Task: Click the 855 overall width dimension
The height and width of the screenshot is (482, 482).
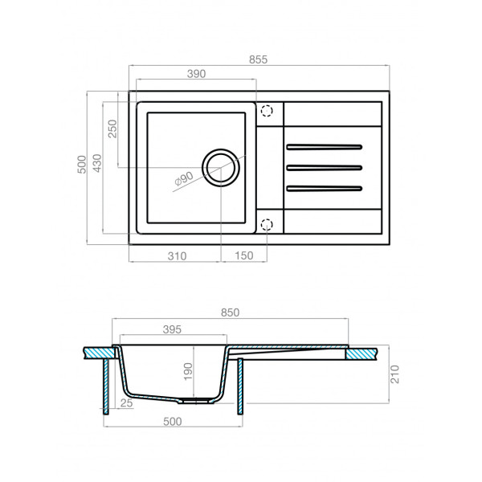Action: click(258, 59)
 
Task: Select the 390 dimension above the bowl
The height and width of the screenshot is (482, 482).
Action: click(197, 73)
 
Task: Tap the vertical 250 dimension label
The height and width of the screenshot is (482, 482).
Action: click(113, 129)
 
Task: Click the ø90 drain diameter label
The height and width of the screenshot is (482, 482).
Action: click(183, 180)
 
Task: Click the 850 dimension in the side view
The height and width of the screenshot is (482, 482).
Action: click(230, 312)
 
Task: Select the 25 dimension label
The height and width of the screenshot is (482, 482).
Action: click(126, 403)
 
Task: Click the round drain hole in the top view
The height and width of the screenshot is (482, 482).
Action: click(221, 167)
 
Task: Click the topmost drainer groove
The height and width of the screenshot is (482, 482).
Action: click(325, 147)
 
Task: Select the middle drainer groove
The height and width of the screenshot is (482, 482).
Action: click(325, 168)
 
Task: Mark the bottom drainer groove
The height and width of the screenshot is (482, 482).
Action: click(325, 189)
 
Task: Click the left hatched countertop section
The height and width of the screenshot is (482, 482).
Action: click(98, 352)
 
